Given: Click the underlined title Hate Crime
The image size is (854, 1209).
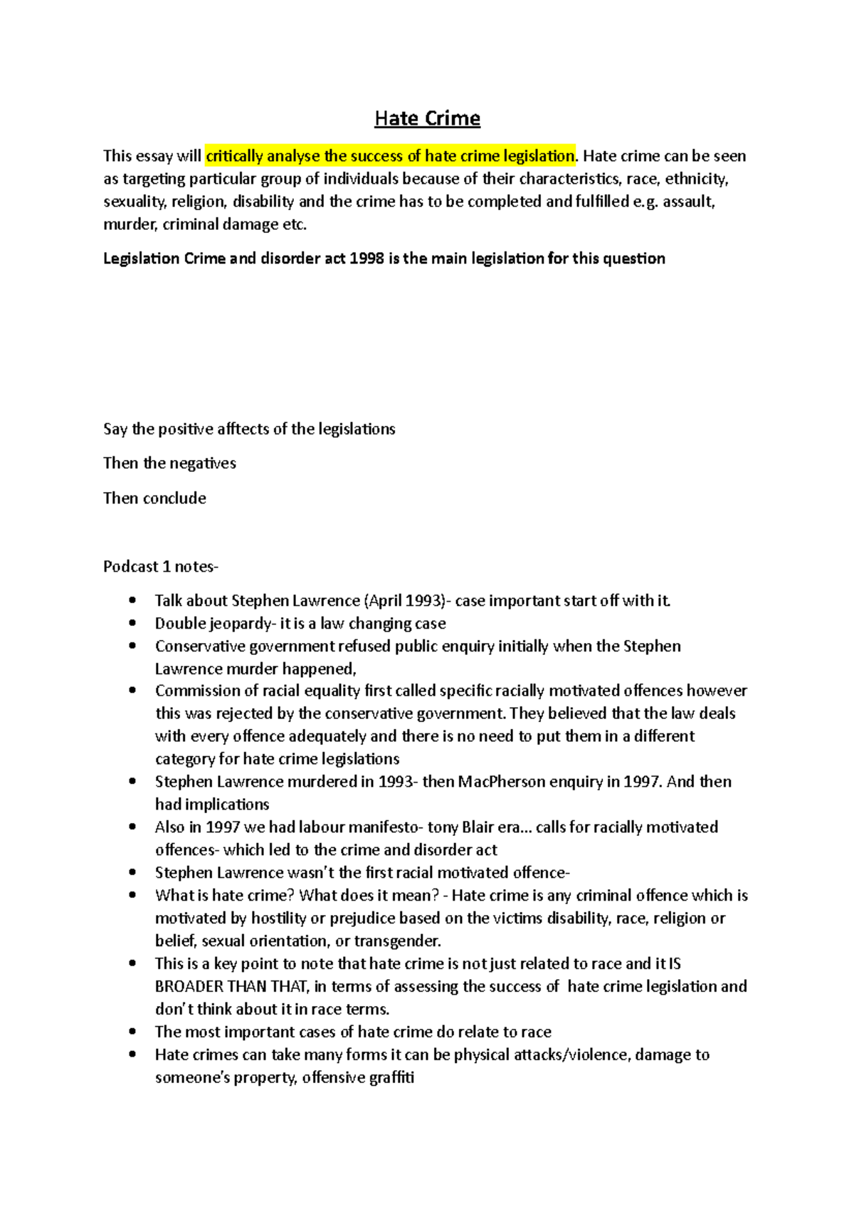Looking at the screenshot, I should (427, 118).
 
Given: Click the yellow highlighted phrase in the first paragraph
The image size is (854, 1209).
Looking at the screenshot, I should (390, 156).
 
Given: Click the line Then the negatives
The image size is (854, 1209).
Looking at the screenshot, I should (169, 464).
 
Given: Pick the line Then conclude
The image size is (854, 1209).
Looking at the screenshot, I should (154, 498).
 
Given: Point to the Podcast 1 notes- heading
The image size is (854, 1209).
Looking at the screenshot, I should (161, 567).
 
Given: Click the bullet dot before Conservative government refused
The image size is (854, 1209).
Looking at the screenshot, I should (132, 646).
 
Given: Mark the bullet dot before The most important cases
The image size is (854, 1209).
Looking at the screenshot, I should (132, 1032).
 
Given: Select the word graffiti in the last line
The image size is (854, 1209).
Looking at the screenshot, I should (391, 1078).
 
